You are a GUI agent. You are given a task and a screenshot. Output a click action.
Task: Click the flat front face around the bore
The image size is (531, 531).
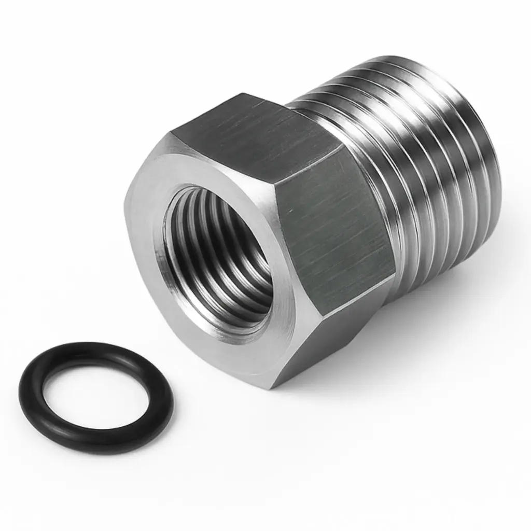tap(150, 218)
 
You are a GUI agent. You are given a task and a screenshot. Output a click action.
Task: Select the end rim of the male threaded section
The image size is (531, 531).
tap(487, 156)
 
